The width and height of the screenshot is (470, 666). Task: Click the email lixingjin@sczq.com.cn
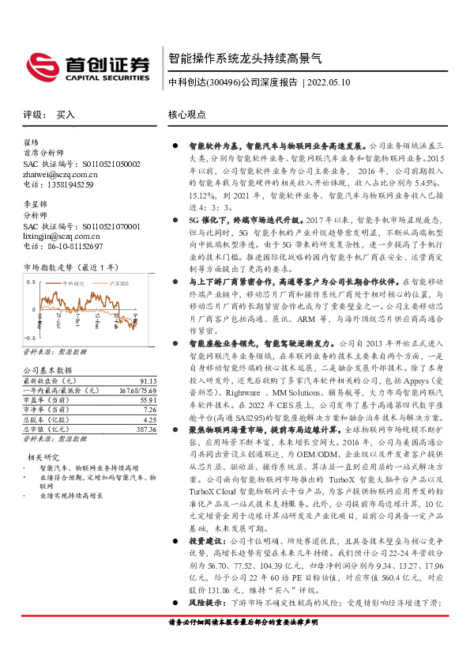click(x=61, y=236)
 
